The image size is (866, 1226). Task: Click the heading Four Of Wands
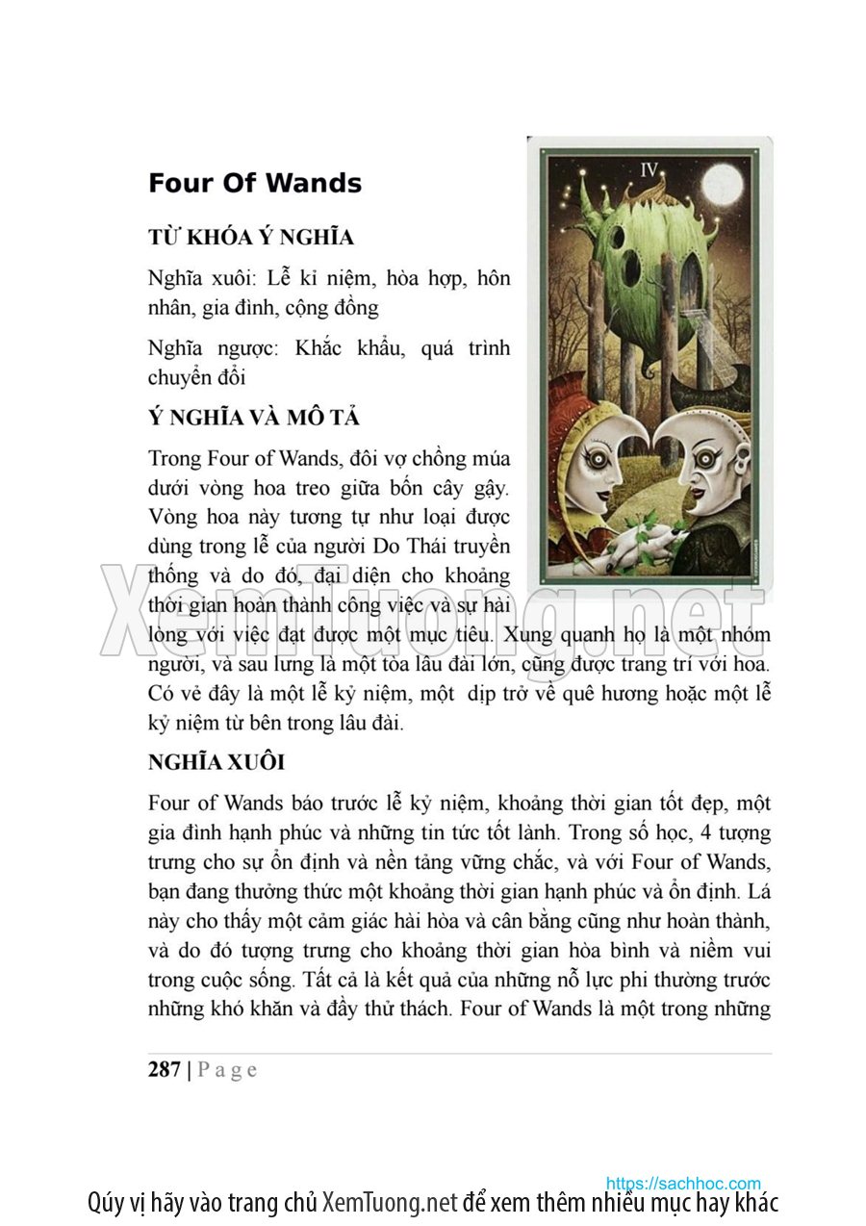tap(255, 183)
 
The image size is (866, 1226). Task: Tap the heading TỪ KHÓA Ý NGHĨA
tap(251, 237)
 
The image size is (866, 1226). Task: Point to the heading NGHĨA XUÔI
tap(216, 763)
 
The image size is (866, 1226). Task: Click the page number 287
tap(165, 1069)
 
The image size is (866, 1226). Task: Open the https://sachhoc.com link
tap(683, 1183)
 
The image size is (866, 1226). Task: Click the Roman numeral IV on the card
tap(649, 170)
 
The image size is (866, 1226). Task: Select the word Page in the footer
tap(227, 1069)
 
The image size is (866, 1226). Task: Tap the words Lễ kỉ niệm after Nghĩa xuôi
tap(320, 279)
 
